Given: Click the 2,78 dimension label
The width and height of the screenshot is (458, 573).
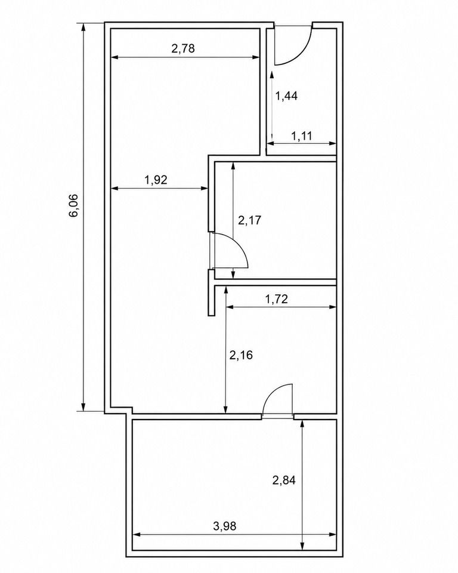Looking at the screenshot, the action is click(x=183, y=48).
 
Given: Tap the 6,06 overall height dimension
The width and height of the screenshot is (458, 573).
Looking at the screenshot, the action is click(x=73, y=205).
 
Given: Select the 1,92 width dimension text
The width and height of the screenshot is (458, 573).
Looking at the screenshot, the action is click(x=156, y=180).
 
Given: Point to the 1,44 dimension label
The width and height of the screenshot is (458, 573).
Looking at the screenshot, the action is click(x=286, y=96).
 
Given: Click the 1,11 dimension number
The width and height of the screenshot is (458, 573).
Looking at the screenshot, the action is click(x=302, y=136).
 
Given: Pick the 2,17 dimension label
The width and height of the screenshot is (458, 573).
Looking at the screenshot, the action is click(x=250, y=220).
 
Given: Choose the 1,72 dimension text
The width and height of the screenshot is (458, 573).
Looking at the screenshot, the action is click(x=277, y=299).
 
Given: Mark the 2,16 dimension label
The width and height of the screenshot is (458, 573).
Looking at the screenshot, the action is click(x=241, y=355).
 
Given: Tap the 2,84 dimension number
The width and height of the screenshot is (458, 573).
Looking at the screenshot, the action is click(x=284, y=480).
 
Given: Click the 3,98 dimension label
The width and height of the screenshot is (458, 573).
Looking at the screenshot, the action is click(x=225, y=526).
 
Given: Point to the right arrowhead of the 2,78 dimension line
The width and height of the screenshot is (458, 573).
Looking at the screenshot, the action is click(x=256, y=57).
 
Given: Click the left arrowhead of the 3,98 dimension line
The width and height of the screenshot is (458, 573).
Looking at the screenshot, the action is click(x=137, y=535).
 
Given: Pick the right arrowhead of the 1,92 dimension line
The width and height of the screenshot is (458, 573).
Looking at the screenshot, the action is click(x=204, y=188).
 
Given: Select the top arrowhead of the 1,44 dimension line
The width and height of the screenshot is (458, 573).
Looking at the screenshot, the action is click(x=272, y=75).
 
